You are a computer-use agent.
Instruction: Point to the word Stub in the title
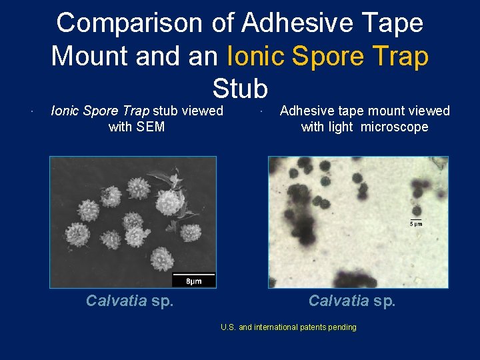pos(240,88)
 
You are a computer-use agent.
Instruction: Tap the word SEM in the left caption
pos(151,127)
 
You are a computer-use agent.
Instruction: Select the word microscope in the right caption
pos(395,127)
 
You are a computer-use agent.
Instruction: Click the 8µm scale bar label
pos(193,281)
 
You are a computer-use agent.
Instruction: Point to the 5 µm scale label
pos(415,224)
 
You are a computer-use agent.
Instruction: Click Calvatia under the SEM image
pos(117,301)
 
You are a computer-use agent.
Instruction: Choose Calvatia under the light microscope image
pos(339,301)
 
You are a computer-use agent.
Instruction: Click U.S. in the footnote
pos(228,327)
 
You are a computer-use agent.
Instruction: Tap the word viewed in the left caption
pos(202,111)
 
